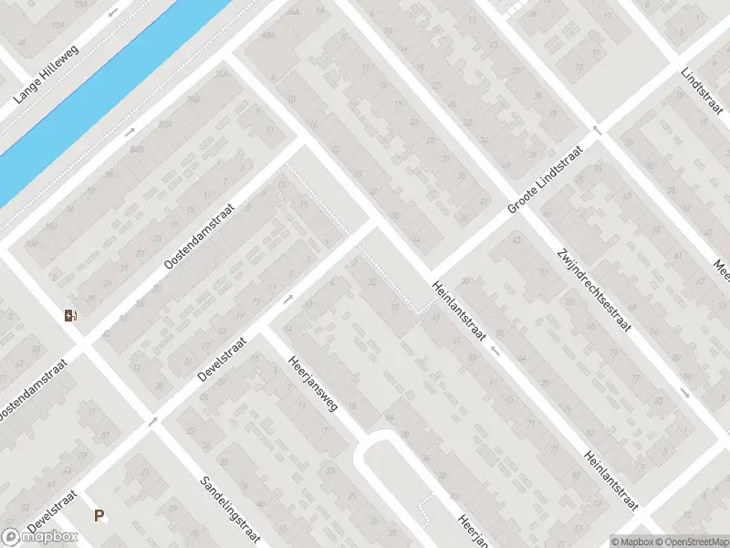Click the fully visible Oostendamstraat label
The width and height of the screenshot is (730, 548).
coord(200,236)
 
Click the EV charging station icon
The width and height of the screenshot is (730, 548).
coord(69,316)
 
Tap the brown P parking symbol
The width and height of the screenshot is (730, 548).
coord(99,516)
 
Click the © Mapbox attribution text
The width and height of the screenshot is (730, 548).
coord(631,542)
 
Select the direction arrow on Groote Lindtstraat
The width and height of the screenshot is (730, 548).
coord(599,130)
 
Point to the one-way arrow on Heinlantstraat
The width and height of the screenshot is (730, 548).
coord(495,350)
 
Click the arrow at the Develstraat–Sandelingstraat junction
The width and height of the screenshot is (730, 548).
coord(153,420)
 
